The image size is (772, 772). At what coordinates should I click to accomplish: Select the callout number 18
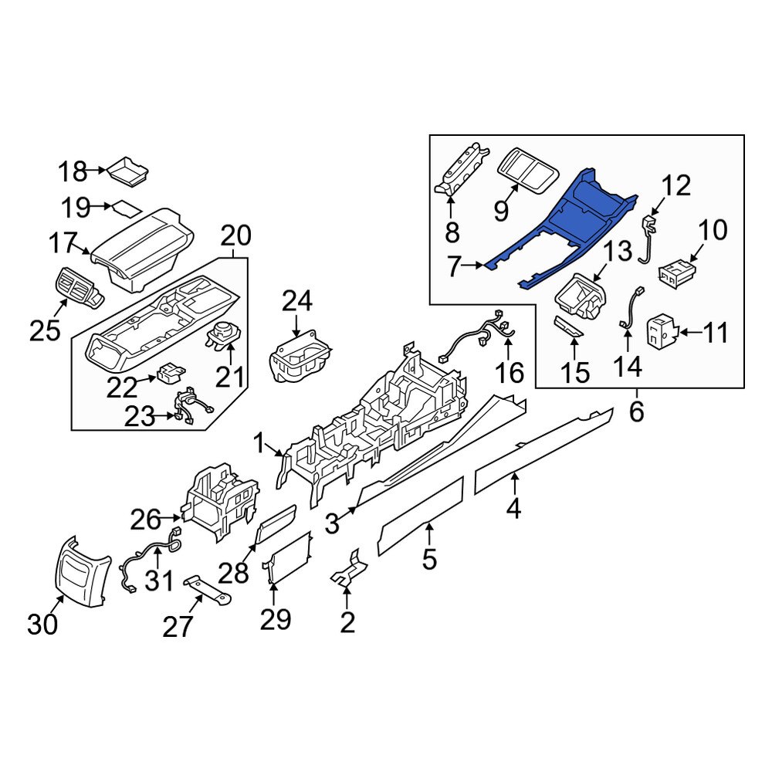tap(75, 170)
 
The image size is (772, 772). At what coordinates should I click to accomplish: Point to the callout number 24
tap(298, 301)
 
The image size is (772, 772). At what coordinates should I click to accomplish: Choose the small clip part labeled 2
tap(349, 570)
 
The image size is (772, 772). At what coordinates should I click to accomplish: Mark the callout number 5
tap(429, 557)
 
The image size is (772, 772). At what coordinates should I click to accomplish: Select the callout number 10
tap(713, 229)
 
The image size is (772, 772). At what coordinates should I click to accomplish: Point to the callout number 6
tap(635, 412)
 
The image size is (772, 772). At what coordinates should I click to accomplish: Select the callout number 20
tap(235, 234)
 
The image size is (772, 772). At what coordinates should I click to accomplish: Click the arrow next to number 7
tap(484, 266)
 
